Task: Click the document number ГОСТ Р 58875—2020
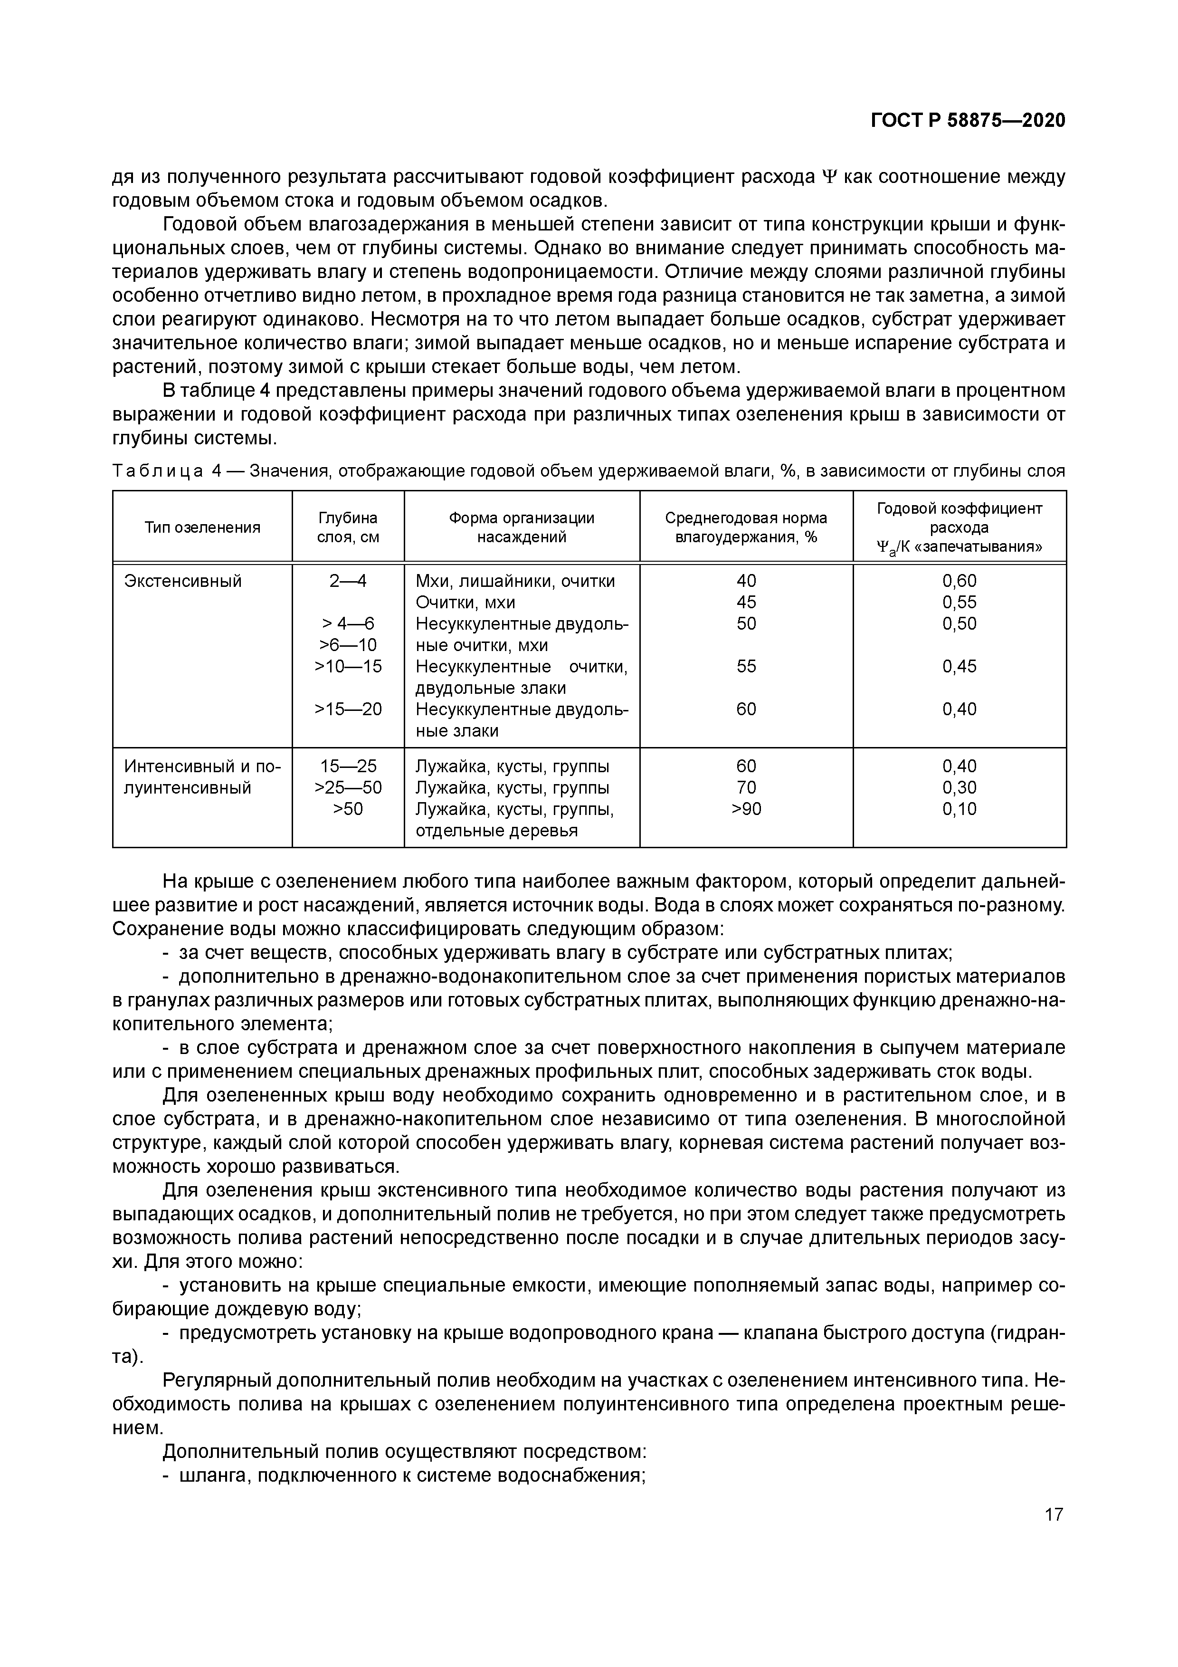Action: point(968,121)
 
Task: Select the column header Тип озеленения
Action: point(202,527)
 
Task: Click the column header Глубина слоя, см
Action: point(348,527)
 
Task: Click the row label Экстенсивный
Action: point(182,581)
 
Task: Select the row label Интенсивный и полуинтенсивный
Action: point(202,777)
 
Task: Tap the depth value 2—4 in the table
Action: point(348,581)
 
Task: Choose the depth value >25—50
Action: point(348,788)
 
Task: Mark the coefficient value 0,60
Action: point(959,581)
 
